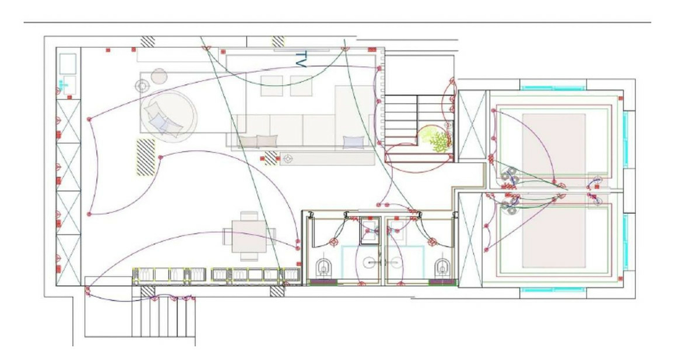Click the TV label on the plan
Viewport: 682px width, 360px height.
coord(301,59)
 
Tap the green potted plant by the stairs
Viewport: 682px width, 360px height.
coord(435,138)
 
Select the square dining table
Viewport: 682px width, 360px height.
coord(249,237)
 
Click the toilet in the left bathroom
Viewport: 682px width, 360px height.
coord(323,267)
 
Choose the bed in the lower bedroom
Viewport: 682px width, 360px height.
coord(554,235)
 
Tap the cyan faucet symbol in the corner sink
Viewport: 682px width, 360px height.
coord(64,85)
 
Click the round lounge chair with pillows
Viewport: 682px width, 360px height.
coord(169,116)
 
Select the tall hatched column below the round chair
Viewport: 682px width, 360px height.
coord(146,157)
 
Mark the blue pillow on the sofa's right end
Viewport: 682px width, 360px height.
coord(353,142)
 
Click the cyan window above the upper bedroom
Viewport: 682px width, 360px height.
coord(553,88)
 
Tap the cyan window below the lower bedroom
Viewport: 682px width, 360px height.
coord(553,290)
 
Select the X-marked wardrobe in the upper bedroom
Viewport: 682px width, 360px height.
coord(472,125)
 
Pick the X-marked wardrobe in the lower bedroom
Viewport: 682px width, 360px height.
coord(470,240)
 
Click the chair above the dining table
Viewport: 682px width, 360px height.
coord(249,216)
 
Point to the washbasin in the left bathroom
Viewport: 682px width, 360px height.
coord(370,231)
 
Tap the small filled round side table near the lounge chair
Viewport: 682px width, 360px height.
coord(159,76)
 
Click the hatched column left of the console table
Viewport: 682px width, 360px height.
coord(270,158)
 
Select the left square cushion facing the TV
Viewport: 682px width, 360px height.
coord(272,86)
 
